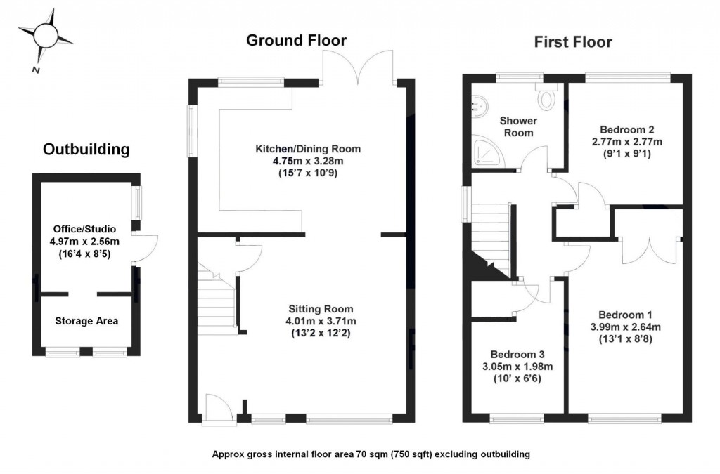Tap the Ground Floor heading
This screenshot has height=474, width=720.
[296, 40]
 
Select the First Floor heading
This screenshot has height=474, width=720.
[573, 42]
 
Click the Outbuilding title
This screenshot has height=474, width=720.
[86, 149]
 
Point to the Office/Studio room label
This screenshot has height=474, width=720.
[84, 229]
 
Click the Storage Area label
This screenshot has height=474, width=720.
[86, 321]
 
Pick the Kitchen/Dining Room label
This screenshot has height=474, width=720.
[307, 149]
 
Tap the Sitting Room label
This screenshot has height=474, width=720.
[321, 309]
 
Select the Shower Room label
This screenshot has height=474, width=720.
[517, 127]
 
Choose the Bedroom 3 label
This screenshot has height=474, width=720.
[517, 355]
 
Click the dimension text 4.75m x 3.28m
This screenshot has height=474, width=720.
[307, 161]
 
